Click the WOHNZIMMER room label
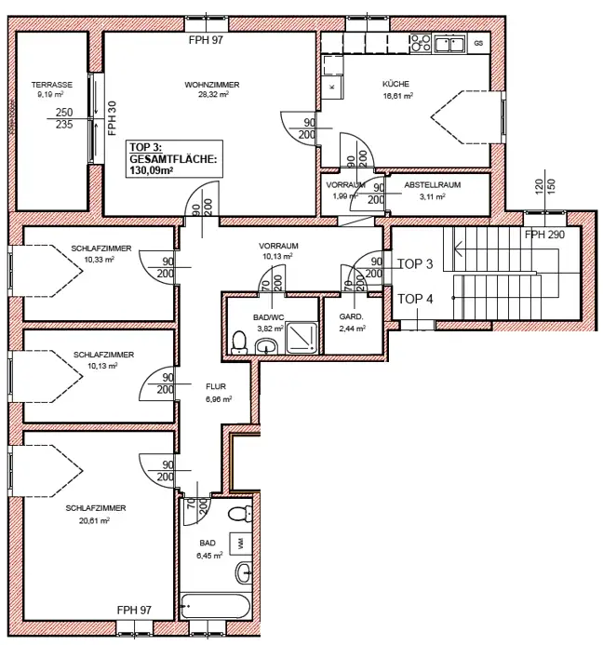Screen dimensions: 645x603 [x=211, y=85]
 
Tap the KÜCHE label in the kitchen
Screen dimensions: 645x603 [x=395, y=85]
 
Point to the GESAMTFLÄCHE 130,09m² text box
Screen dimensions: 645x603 [x=173, y=159]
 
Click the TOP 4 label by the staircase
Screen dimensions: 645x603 [x=415, y=299]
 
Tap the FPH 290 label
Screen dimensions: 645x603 [x=544, y=235]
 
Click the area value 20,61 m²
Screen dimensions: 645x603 [x=95, y=520]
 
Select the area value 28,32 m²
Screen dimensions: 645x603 [x=211, y=95]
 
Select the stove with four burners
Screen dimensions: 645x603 [x=420, y=43]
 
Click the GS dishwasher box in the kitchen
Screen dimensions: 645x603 [x=477, y=43]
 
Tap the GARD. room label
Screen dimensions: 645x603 [x=351, y=317]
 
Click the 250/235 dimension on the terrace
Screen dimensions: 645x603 [x=63, y=118]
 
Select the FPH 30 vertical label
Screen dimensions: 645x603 [x=113, y=118]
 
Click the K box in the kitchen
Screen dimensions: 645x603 [x=331, y=86]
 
